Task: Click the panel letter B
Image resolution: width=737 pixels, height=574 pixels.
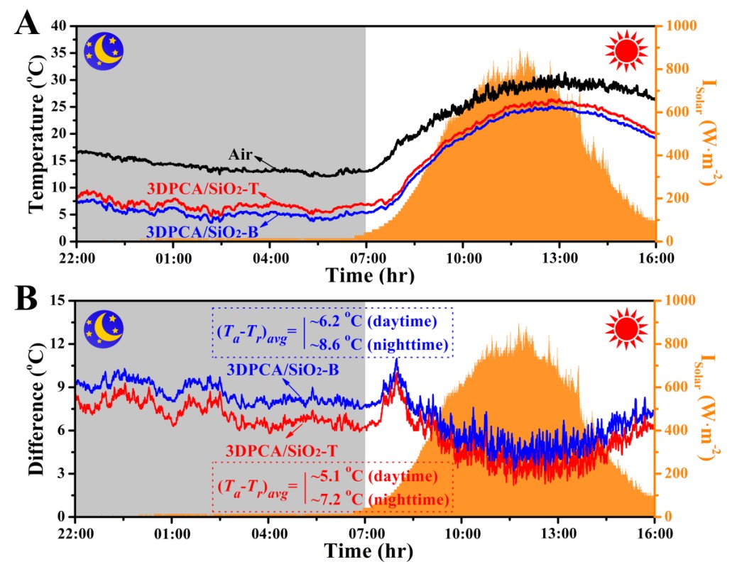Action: point(26,298)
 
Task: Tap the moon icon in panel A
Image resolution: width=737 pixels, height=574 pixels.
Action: point(104,52)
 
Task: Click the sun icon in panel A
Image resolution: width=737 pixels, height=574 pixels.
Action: point(626,52)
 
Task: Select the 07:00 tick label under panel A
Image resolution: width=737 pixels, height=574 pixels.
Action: point(365,255)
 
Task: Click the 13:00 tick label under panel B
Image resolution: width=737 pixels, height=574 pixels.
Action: point(558,531)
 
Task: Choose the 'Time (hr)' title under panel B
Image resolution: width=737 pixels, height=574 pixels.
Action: point(365,551)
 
